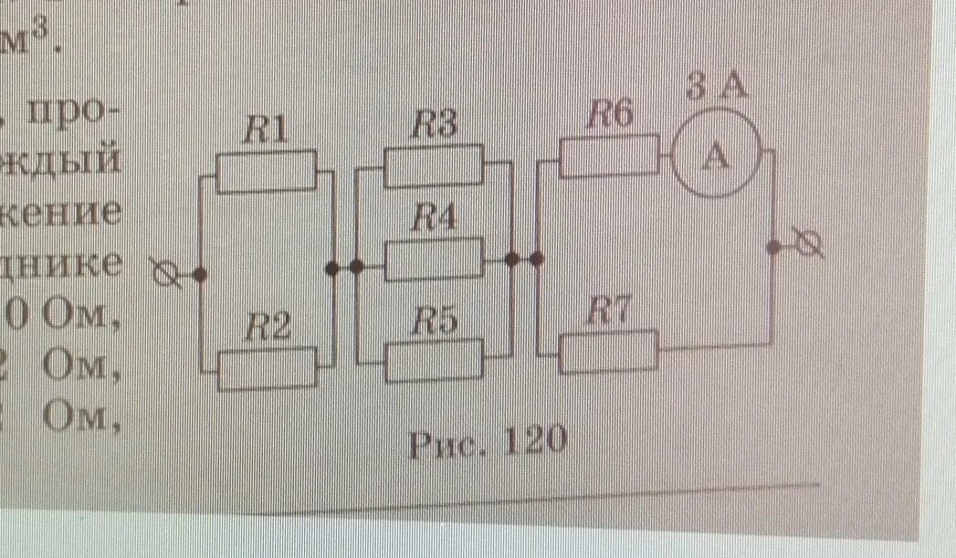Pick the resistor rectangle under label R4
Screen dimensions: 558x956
[x=434, y=261]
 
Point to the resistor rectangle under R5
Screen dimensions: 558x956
[x=434, y=360]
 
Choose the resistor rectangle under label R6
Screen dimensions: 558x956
[x=607, y=157]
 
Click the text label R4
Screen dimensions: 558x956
[x=435, y=219]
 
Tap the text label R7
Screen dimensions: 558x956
[x=607, y=312]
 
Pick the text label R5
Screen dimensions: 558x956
[x=435, y=319]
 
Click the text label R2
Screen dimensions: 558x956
[x=267, y=328]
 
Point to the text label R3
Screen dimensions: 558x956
[x=434, y=125]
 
